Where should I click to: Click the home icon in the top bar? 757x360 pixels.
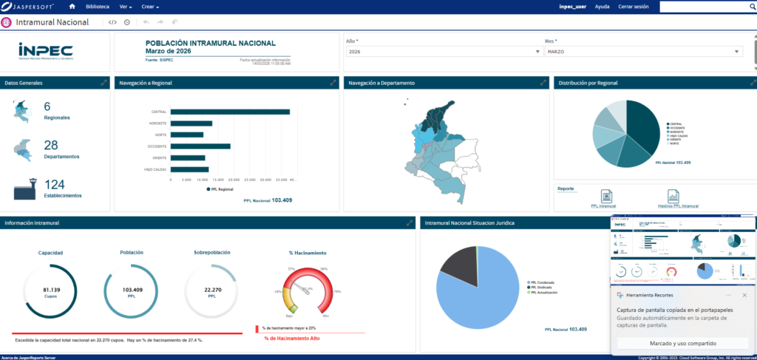pos(72,6)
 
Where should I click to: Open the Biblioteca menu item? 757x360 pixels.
pos(97,6)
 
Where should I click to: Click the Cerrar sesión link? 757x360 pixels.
pos(634,6)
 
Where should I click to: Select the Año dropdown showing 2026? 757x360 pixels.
pos(444,52)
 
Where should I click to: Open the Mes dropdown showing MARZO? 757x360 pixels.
pos(642,52)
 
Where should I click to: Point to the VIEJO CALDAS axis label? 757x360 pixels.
pos(155,169)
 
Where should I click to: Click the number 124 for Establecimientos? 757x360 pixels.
pos(55,185)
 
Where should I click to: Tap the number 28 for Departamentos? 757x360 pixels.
pos(51,146)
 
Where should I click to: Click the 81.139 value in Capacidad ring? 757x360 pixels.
pos(51,290)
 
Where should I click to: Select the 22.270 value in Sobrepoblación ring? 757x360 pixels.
pos(211,290)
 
